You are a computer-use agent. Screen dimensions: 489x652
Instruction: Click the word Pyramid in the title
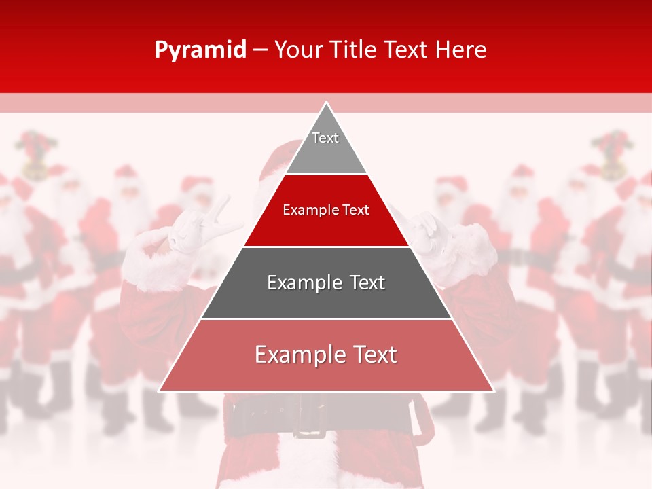tap(200, 50)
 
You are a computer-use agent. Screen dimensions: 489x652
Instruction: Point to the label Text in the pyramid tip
tap(325, 138)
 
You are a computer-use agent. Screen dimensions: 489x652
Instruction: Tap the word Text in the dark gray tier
tap(363, 283)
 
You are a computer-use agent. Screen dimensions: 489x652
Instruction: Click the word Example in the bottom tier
tap(297, 355)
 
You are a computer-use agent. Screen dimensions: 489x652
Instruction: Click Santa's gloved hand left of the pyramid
tap(197, 228)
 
